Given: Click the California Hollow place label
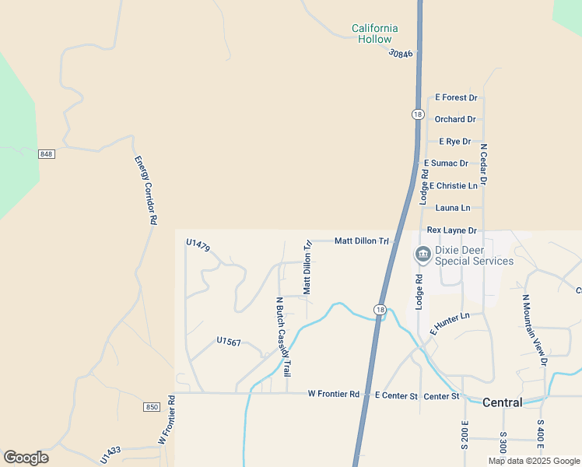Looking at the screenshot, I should point(375,33).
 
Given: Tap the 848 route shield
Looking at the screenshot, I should point(47,154).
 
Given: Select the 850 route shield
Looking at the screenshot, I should point(152,407).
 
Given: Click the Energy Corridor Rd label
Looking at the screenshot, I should point(145,191).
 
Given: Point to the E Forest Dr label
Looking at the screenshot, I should point(456,98).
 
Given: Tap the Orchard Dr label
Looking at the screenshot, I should point(455,119).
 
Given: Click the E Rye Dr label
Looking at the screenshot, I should point(455,142).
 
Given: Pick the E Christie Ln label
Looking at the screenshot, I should point(453,186).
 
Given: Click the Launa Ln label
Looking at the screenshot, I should point(453,208).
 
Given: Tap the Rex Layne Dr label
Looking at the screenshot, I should point(451,230).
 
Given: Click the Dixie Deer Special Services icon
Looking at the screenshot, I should point(422,255).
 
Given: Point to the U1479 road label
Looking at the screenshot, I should point(198,244).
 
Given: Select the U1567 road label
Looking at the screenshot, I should point(230,341).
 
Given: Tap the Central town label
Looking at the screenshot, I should point(502,402).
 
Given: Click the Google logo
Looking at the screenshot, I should point(26,458).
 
